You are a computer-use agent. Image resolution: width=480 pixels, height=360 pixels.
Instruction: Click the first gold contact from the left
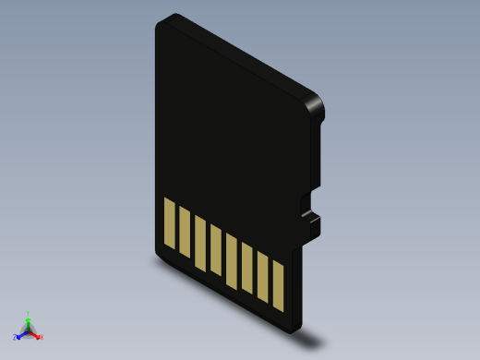[x=169, y=223]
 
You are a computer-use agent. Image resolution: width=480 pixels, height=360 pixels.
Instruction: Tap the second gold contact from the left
[x=185, y=232]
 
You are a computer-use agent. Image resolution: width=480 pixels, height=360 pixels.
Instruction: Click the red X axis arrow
[x=36, y=334]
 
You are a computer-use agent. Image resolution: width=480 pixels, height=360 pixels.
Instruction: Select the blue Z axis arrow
[x=21, y=334]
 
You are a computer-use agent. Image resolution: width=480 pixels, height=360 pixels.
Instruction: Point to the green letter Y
[x=29, y=313]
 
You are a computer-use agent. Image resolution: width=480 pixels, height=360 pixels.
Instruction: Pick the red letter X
[x=42, y=338]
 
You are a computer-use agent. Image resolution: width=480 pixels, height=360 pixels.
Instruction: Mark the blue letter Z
[x=16, y=338]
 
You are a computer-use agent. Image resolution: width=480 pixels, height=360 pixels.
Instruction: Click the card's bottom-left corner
[x=158, y=252]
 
